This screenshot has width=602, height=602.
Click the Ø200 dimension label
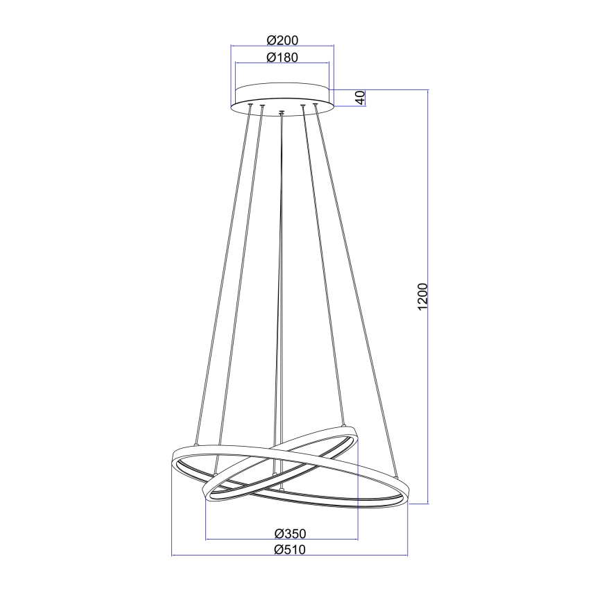pos(282,40)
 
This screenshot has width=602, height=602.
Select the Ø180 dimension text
pos(282,58)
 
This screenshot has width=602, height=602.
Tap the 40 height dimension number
pos(359,98)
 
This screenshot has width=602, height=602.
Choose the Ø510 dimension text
pos(290,549)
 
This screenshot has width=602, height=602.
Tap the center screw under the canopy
pos(281,112)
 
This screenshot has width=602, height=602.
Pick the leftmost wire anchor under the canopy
pos(250,105)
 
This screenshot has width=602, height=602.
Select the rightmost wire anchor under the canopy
pos(315,105)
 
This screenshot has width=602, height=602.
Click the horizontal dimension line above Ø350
pos(282,540)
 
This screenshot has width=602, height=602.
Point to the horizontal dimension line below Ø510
pos(290,556)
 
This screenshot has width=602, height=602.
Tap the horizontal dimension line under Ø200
pos(282,46)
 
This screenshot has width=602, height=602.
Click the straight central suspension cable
pos(281,277)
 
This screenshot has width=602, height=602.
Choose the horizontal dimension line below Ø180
pos(282,64)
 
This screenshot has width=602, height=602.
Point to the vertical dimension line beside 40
pos(365,98)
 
